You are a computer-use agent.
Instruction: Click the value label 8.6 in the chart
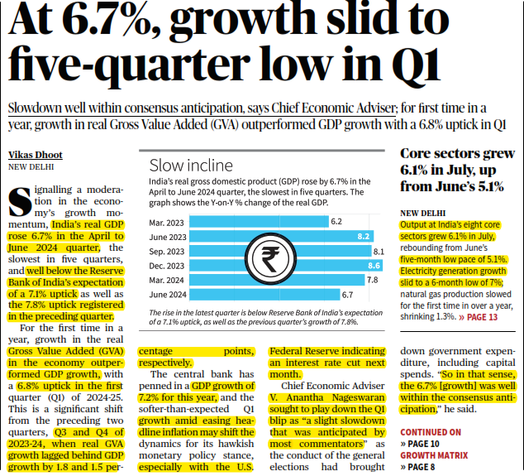[374, 266]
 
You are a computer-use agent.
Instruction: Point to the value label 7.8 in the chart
[372, 280]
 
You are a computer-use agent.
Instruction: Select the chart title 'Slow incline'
[191, 165]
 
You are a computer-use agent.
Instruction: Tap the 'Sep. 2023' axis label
[166, 251]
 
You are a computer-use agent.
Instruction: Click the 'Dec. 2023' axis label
[166, 266]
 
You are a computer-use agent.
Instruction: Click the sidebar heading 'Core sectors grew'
[457, 154]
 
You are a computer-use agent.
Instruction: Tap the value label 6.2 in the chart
[336, 222]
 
